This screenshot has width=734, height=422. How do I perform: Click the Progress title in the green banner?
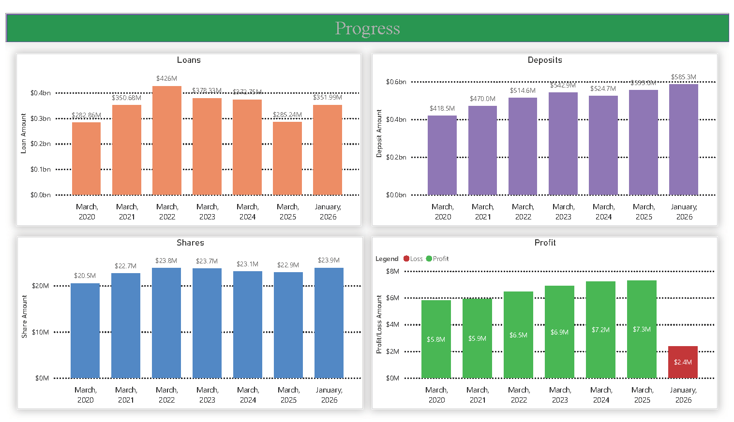(x=367, y=29)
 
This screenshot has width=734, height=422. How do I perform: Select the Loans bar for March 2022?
(x=167, y=141)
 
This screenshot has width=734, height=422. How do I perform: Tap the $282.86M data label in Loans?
(x=86, y=115)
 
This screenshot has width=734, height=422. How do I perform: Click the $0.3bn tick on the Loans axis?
(x=41, y=118)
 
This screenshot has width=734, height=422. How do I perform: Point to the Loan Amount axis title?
(x=23, y=133)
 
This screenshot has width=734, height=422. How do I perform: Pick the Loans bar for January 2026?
(x=328, y=150)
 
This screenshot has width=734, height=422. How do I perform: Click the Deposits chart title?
(x=545, y=60)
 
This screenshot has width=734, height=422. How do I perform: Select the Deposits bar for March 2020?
(x=442, y=155)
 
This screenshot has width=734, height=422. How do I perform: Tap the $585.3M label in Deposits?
(x=683, y=77)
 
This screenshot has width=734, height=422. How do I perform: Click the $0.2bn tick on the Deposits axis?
(x=396, y=157)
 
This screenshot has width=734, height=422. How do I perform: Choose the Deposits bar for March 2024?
(x=603, y=145)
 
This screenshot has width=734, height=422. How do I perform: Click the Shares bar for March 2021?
(x=126, y=325)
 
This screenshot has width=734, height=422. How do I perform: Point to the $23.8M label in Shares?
(x=166, y=261)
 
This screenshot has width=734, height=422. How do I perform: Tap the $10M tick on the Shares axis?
(x=41, y=332)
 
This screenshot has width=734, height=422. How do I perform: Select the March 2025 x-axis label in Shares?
(x=288, y=395)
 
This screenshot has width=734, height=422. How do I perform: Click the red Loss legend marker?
(x=406, y=259)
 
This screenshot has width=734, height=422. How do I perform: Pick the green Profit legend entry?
(x=437, y=259)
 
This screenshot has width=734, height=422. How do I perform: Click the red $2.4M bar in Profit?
(x=683, y=362)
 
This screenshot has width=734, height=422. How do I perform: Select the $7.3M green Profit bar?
(x=642, y=329)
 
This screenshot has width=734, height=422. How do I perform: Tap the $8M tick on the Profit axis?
(x=392, y=271)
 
